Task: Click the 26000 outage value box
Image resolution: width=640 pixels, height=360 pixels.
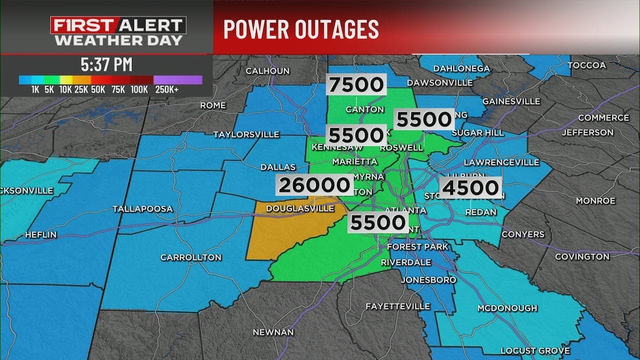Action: click(x=314, y=185)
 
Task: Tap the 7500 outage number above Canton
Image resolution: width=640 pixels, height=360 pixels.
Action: click(x=355, y=84)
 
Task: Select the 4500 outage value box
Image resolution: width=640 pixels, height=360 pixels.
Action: click(x=470, y=188)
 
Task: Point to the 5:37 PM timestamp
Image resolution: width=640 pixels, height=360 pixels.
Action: click(x=106, y=64)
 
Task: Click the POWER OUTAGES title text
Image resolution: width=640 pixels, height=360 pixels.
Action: click(x=301, y=29)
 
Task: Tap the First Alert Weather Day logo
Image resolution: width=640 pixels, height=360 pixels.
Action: click(x=118, y=31)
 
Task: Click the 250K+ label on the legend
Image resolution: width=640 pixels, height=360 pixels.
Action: click(x=166, y=90)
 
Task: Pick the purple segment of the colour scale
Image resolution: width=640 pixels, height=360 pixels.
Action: click(x=177, y=80)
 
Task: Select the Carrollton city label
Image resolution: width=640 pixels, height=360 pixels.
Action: click(x=190, y=257)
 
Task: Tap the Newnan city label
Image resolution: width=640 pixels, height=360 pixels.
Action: click(x=273, y=332)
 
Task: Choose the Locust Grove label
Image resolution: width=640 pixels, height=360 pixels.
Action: click(x=535, y=350)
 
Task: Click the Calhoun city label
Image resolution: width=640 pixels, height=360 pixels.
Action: click(x=267, y=71)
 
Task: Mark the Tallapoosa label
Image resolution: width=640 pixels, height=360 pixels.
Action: click(x=142, y=208)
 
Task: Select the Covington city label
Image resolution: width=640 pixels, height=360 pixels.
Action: click(x=582, y=256)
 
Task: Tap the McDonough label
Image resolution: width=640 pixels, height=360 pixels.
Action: click(x=507, y=308)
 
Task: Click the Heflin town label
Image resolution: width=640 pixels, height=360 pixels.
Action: click(x=40, y=234)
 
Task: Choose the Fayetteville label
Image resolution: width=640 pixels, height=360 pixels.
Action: click(x=397, y=306)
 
